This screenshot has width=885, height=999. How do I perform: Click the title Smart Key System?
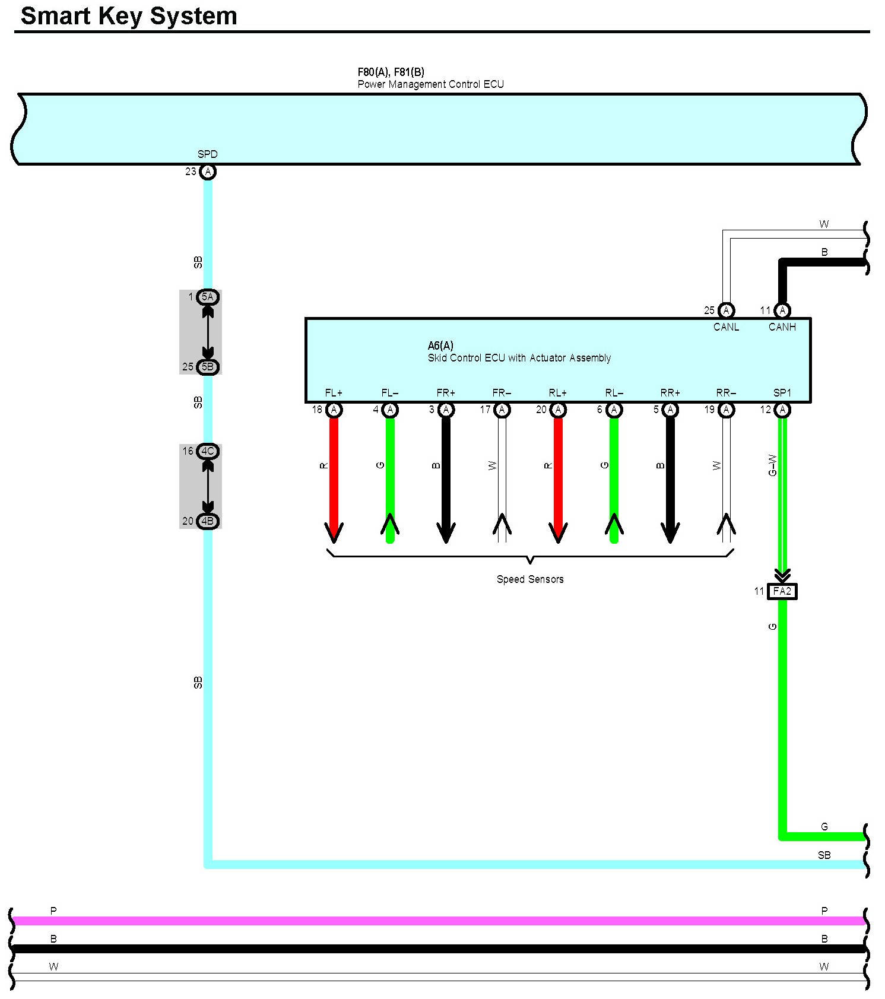click(129, 15)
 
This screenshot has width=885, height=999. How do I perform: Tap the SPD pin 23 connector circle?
click(207, 172)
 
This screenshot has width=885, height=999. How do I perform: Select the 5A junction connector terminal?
click(207, 297)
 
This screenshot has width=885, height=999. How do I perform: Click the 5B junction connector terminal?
click(207, 367)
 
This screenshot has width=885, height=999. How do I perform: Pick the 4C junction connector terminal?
click(207, 451)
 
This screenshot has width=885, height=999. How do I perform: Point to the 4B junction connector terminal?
click(207, 521)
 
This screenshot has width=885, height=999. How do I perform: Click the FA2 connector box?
click(782, 591)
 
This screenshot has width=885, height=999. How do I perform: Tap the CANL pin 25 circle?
click(726, 310)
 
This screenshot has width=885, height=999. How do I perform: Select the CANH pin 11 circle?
click(782, 310)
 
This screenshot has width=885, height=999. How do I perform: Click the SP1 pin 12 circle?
click(782, 410)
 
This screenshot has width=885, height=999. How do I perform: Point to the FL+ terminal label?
click(334, 393)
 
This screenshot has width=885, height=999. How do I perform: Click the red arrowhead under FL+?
click(334, 532)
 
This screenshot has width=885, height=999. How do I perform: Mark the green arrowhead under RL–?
click(614, 526)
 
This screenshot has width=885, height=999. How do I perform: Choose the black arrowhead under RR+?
click(670, 532)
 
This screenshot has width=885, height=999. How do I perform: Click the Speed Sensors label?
click(530, 579)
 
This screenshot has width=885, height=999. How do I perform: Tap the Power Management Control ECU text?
click(430, 84)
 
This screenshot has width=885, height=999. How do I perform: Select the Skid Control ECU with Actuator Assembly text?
click(519, 358)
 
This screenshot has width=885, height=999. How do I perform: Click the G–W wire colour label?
click(772, 465)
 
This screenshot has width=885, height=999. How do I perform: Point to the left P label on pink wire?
click(53, 911)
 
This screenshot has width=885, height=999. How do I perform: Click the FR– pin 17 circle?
click(502, 410)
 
